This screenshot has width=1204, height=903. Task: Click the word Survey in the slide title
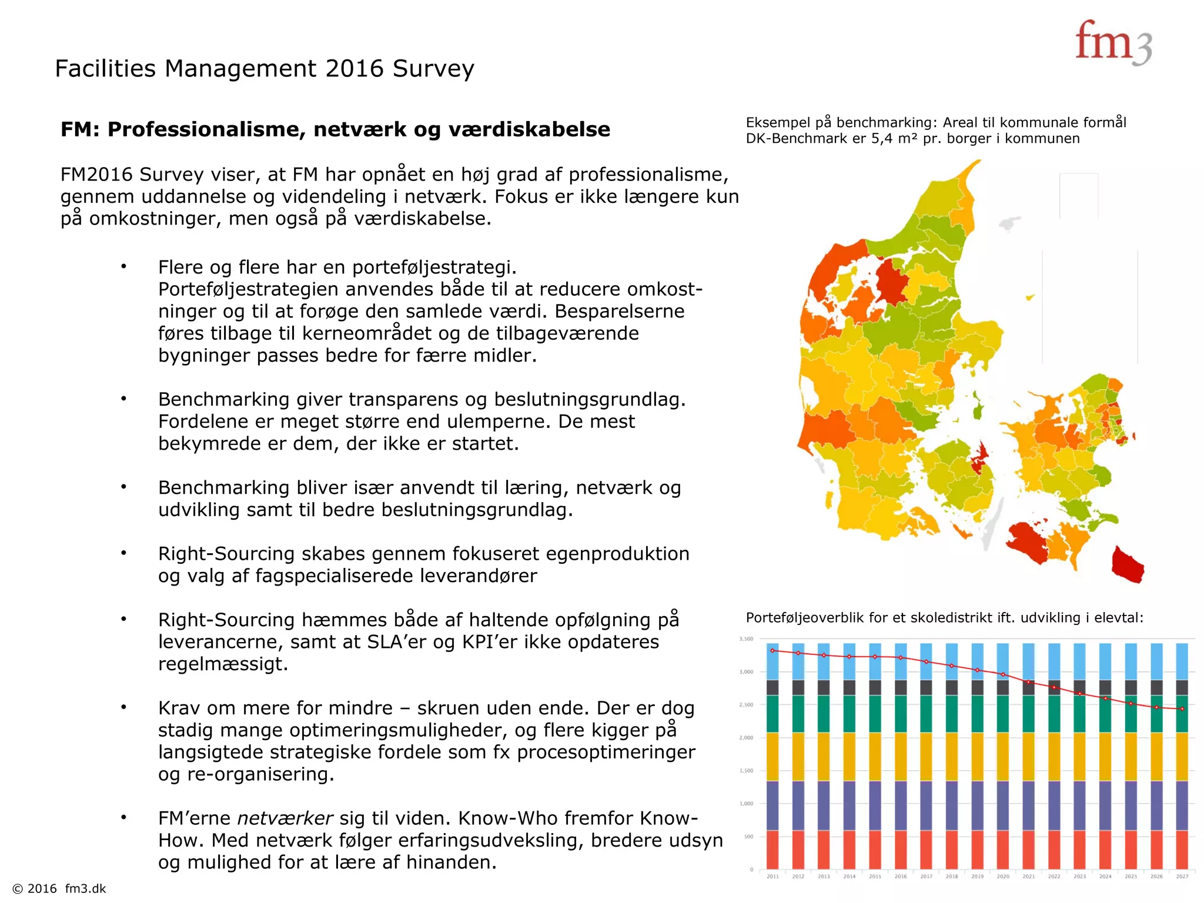pyautogui.click(x=433, y=69)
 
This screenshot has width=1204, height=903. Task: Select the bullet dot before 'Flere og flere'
pyautogui.click(x=123, y=267)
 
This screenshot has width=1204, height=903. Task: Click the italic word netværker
pyautogui.click(x=285, y=818)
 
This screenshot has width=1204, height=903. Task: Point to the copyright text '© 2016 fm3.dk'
pyautogui.click(x=59, y=888)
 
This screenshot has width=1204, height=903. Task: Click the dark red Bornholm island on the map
pyautogui.click(x=1128, y=565)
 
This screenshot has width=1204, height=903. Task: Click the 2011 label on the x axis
pyautogui.click(x=772, y=877)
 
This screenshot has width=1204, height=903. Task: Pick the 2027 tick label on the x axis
pyautogui.click(x=1182, y=877)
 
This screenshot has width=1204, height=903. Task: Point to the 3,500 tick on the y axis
pyautogui.click(x=746, y=639)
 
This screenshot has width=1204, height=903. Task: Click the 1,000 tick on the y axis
pyautogui.click(x=746, y=804)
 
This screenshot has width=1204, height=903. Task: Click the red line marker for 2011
pyautogui.click(x=772, y=651)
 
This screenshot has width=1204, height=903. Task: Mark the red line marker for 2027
pyautogui.click(x=1182, y=709)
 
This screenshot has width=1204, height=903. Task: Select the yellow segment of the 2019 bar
pyautogui.click(x=977, y=757)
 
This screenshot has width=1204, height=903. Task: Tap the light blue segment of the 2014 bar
pyautogui.click(x=850, y=661)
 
